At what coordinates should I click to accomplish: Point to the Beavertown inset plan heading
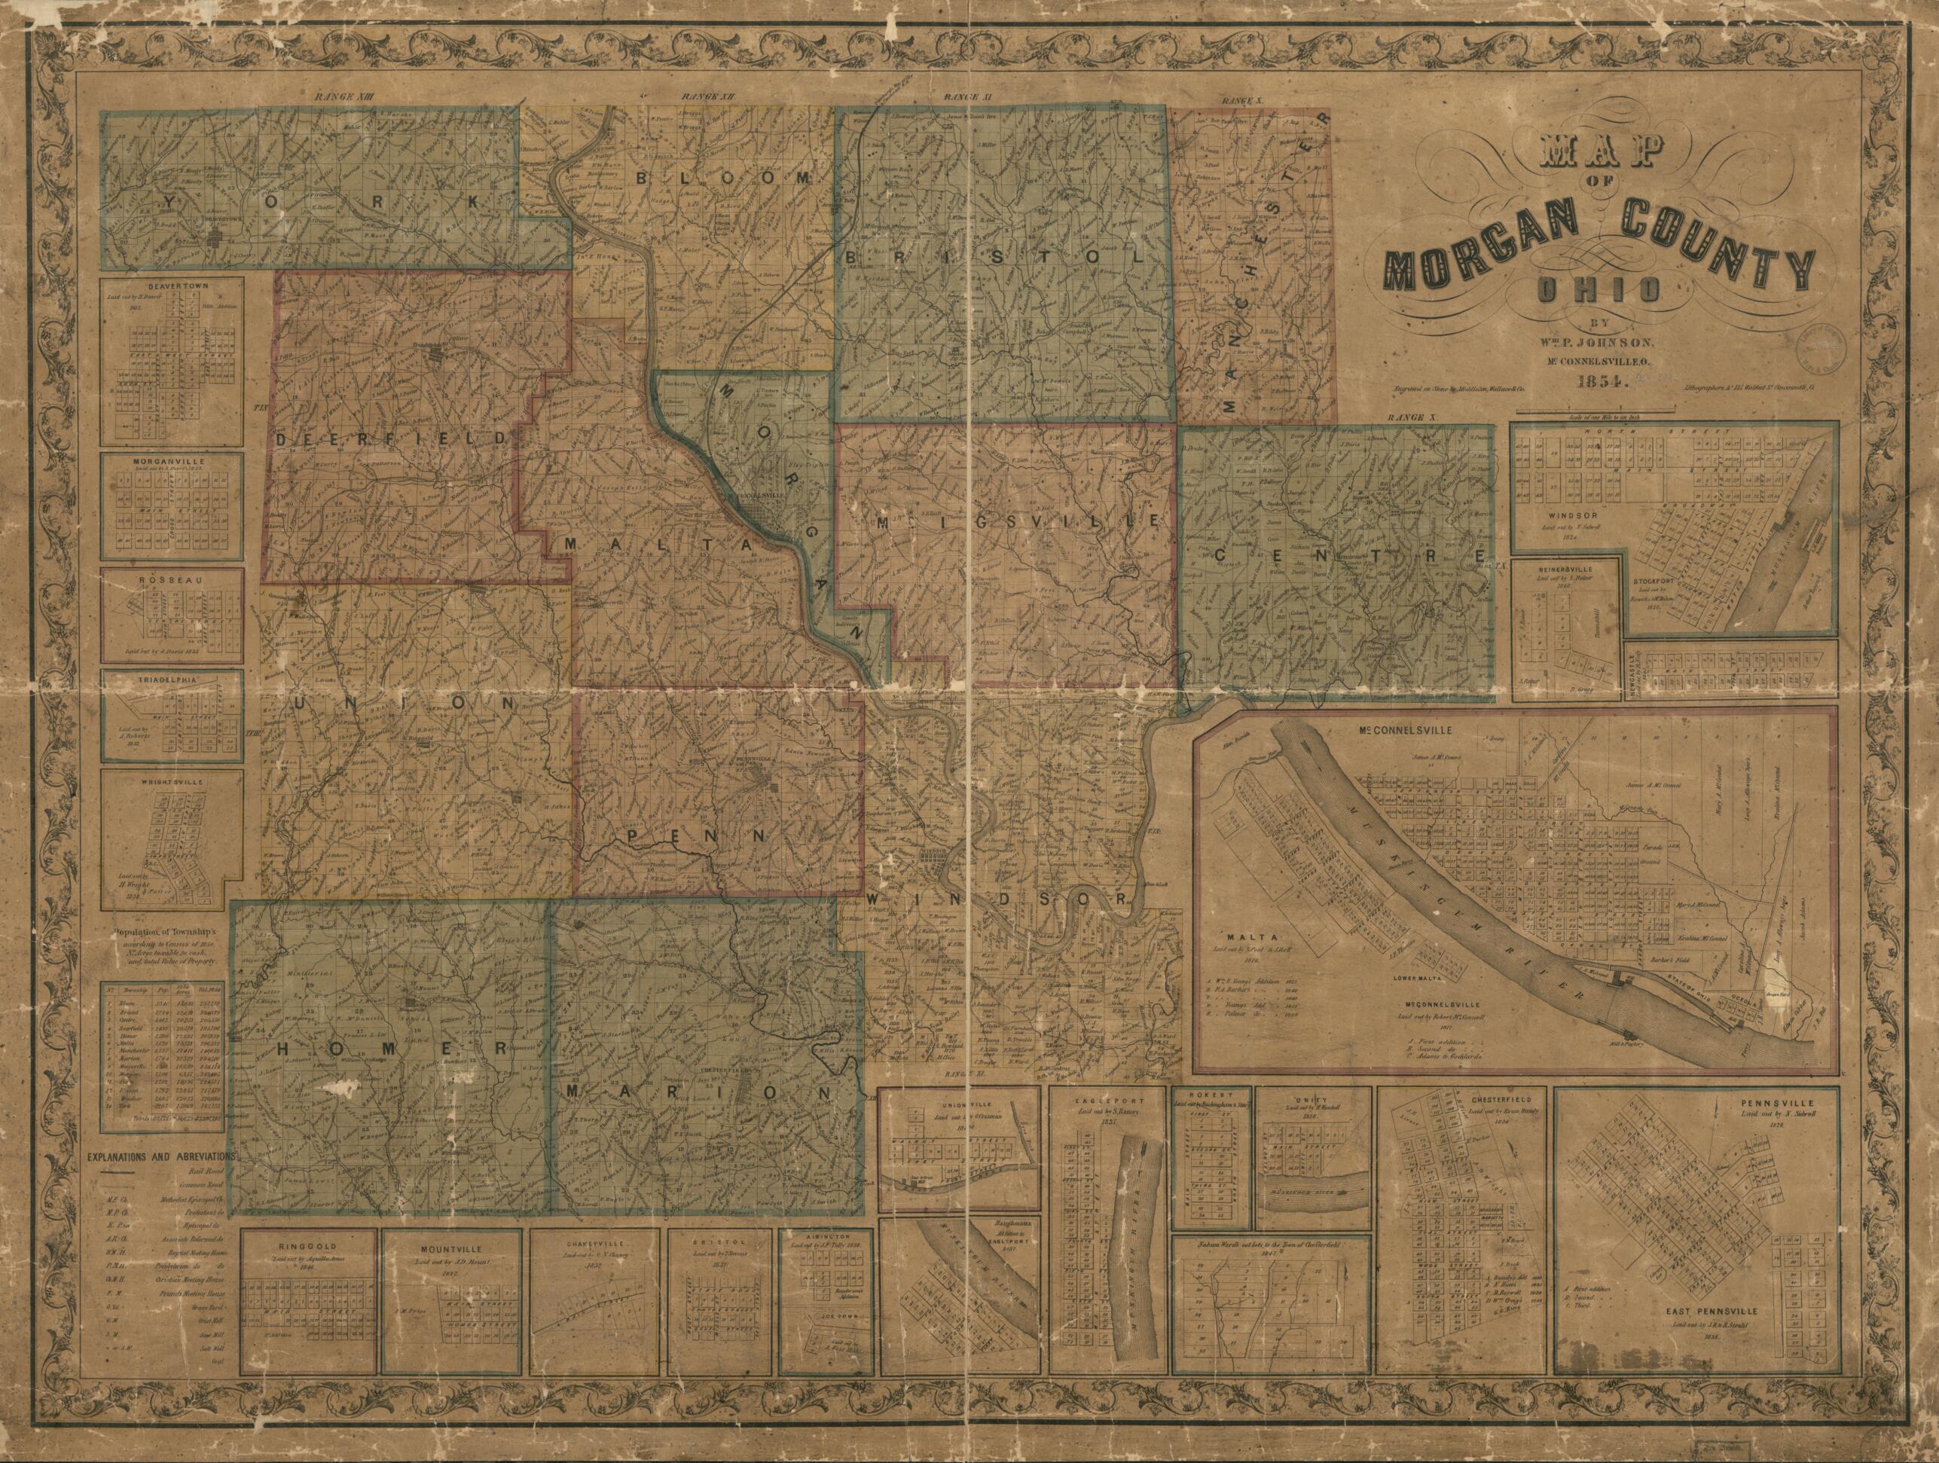pos(172,285)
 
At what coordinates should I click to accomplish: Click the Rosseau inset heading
pos(172,580)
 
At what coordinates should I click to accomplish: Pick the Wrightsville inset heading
pos(172,777)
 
